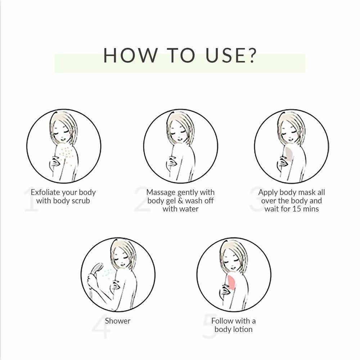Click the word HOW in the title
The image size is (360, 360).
130,55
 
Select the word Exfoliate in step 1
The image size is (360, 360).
45,192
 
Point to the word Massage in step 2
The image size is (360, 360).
161,192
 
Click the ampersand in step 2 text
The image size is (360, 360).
180,201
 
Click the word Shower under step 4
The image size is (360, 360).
118,321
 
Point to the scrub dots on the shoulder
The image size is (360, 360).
67,155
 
